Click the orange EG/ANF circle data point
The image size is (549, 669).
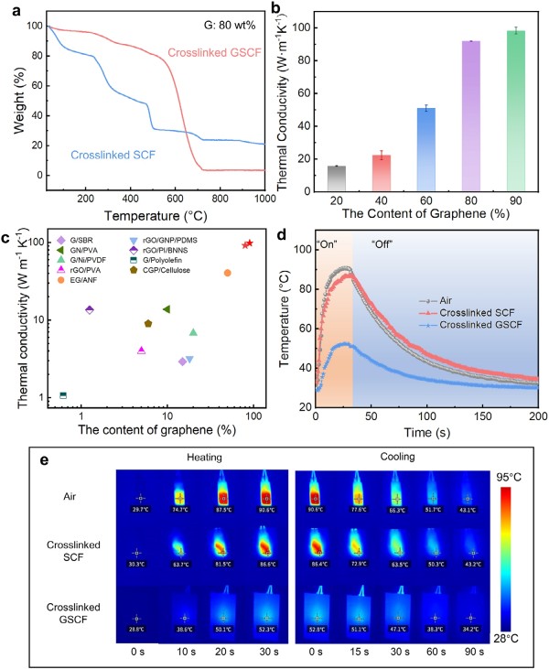tap(228, 273)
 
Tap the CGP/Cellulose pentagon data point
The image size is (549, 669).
tap(148, 324)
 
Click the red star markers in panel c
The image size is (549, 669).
tap(248, 243)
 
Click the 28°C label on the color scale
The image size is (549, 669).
tap(511, 640)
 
